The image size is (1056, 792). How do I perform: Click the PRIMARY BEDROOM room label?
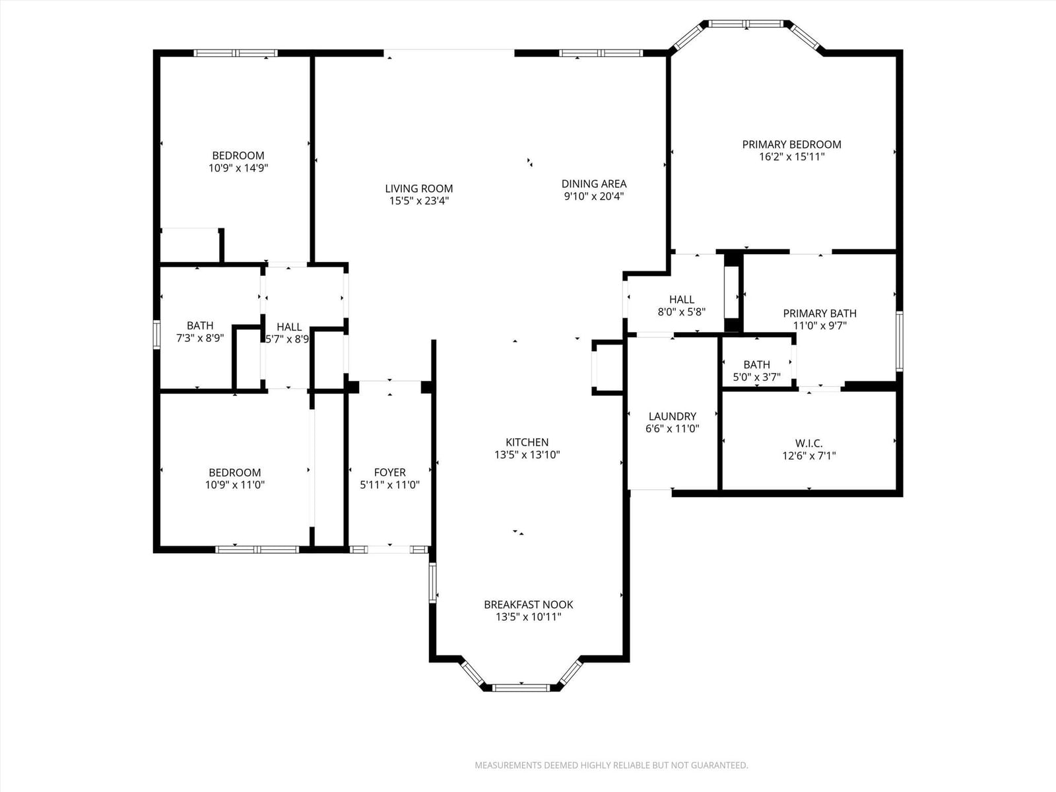(791, 145)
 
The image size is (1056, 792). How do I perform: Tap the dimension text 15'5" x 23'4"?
(419, 201)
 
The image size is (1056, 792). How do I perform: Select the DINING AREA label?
(593, 183)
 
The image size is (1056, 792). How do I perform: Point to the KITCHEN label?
(527, 442)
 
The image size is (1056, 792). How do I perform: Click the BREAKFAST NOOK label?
(528, 605)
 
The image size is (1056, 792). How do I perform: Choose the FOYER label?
(389, 472)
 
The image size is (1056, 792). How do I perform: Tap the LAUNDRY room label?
(672, 416)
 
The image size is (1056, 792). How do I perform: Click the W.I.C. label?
(808, 444)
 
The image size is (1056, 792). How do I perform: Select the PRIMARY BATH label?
(820, 313)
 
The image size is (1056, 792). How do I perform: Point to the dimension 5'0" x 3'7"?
(756, 377)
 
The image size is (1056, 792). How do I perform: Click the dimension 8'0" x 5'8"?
(682, 312)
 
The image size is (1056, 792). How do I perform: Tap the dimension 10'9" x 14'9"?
(238, 168)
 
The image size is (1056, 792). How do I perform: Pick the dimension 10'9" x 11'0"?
(235, 484)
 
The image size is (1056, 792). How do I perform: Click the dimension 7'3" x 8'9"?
(200, 338)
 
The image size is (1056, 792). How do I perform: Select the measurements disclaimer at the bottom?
(611, 765)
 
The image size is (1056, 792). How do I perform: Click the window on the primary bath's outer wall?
(899, 341)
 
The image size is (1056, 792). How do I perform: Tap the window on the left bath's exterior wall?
(156, 335)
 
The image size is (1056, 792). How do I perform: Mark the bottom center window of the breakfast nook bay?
(521, 688)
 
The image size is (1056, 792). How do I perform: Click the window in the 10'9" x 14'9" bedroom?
(236, 53)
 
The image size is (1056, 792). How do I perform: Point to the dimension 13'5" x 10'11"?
(528, 617)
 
